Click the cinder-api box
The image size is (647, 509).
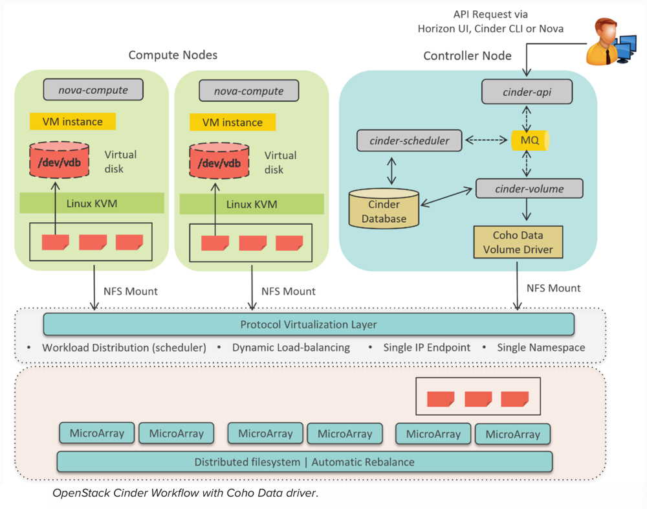(527, 92)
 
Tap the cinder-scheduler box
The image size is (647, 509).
(410, 141)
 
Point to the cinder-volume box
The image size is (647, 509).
(529, 189)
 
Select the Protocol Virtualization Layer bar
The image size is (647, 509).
(308, 324)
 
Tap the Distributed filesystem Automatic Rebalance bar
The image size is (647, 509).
(304, 462)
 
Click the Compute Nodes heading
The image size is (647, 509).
(173, 55)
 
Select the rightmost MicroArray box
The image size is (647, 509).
(512, 434)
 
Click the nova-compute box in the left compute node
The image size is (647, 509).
(93, 89)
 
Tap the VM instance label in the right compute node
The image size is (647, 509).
(232, 122)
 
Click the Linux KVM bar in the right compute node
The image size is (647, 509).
(251, 204)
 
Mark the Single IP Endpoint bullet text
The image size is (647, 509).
(426, 348)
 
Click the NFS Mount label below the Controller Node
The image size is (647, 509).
(553, 288)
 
